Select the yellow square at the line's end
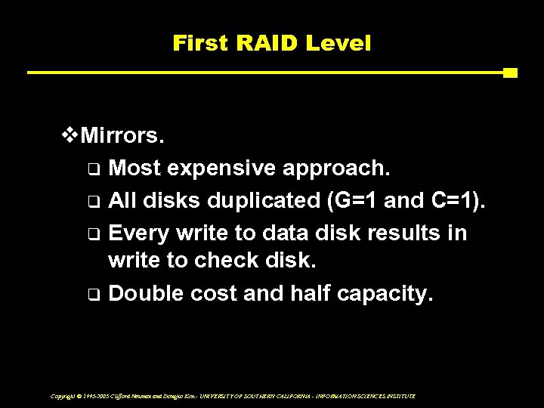tap(510, 73)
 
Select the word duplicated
tap(249, 202)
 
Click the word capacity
tap(385, 292)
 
